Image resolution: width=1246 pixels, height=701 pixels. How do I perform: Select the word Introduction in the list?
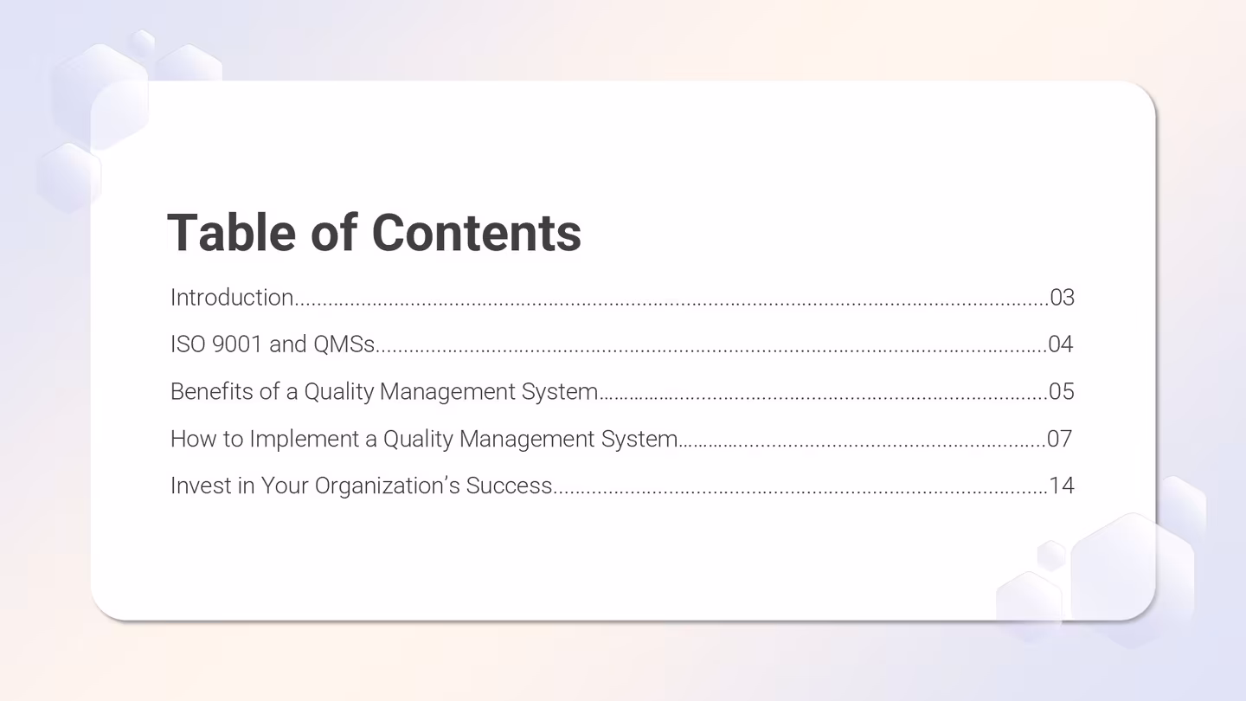(232, 298)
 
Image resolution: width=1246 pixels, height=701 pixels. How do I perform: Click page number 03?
(1062, 298)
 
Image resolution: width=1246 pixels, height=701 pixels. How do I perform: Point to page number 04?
(1061, 344)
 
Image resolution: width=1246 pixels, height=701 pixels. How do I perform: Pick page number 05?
(1062, 391)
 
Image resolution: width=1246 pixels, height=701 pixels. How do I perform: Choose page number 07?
(1060, 439)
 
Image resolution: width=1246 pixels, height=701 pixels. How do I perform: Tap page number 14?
(1062, 486)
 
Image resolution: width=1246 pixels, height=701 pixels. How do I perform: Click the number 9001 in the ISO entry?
(236, 344)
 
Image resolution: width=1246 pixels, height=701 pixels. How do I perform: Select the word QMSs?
(344, 344)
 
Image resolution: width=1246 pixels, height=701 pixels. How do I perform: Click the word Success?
(509, 486)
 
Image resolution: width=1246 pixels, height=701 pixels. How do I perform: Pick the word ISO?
(188, 344)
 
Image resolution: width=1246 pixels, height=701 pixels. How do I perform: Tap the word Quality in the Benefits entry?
(338, 392)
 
